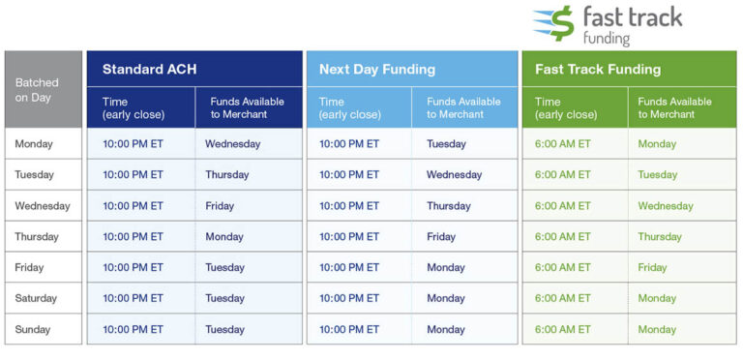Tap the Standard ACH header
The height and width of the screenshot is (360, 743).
coord(150,70)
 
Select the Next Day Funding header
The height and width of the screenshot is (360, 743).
coord(376,70)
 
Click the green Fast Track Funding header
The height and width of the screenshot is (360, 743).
coord(598,70)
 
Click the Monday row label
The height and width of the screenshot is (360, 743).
coord(34,144)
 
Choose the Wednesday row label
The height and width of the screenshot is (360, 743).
coord(43,206)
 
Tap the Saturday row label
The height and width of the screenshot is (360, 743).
coord(36,298)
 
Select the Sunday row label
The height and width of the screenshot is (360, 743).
coord(33,329)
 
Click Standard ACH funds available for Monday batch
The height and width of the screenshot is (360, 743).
coord(232,144)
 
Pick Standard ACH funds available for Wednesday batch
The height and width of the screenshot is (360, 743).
coord(220,206)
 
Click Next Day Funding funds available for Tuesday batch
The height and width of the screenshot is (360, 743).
coord(455,175)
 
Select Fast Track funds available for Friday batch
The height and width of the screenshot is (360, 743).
coord(652,268)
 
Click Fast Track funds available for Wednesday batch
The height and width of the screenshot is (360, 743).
coord(666,206)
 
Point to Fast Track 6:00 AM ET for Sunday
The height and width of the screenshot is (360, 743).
coord(562,329)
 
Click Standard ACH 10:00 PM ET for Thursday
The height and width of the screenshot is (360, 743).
coord(133,237)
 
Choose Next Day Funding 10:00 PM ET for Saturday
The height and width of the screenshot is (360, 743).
coord(349,298)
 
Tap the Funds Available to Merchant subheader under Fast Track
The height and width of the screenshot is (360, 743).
coord(674,107)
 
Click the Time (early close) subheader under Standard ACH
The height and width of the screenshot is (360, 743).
coord(134,107)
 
